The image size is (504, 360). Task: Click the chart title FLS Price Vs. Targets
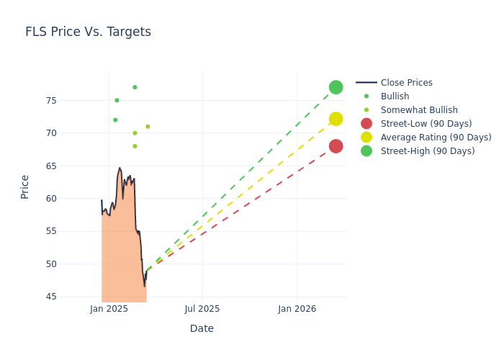click(88, 32)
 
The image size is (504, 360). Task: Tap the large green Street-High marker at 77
click(336, 87)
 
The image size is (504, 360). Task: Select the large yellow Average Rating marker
click(336, 119)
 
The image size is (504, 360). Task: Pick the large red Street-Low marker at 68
click(336, 146)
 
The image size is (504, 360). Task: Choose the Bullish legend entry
click(395, 96)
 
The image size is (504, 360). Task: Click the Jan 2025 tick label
click(109, 309)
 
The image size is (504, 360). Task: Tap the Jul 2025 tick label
click(202, 309)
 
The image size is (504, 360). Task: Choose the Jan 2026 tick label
click(297, 309)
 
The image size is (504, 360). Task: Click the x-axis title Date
click(202, 329)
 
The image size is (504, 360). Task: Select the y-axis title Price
click(25, 186)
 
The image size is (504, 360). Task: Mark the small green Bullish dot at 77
click(135, 87)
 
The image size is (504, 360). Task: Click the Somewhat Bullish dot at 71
click(148, 127)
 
